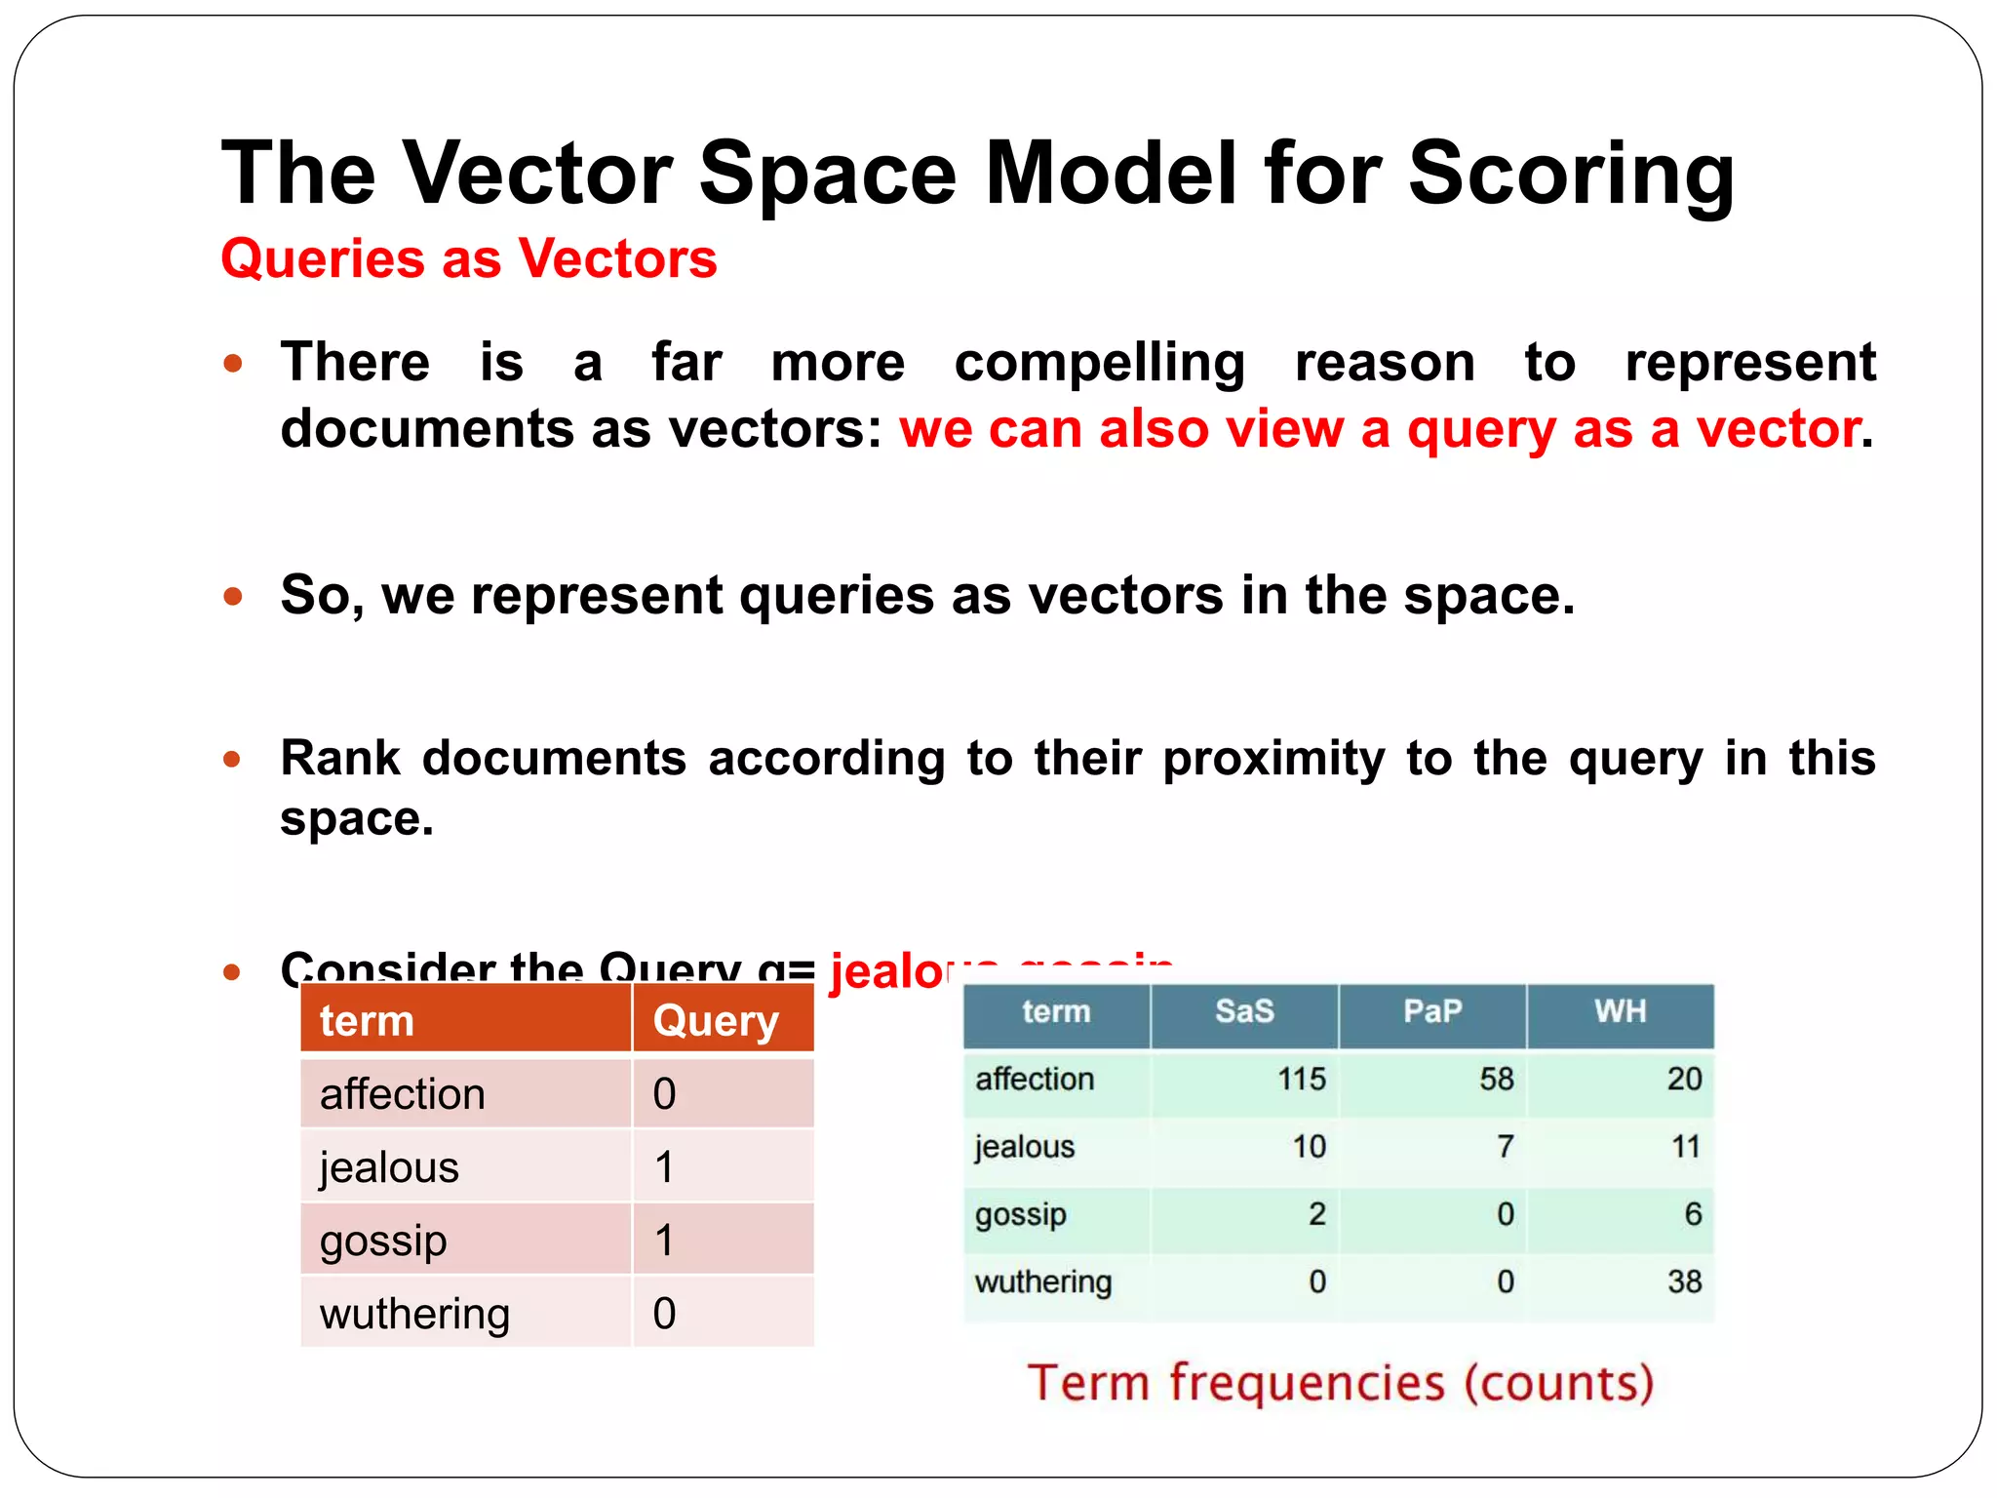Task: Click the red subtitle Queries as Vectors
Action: pos(469,259)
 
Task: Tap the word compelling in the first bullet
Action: pos(1099,363)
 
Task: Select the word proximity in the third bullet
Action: pos(1273,758)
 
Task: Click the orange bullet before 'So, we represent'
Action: pos(232,596)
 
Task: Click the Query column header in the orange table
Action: pos(716,1021)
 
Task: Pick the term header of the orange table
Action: pos(367,1021)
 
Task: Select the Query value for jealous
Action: pos(664,1166)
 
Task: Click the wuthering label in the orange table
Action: pos(414,1314)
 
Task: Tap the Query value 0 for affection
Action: pos(664,1094)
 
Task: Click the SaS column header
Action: pos(1244,1011)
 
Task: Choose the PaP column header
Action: pos(1431,1011)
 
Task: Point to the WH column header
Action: pos(1620,1011)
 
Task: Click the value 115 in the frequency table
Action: pos(1301,1079)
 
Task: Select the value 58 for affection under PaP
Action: pos(1496,1079)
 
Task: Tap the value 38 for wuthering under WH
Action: pos(1684,1281)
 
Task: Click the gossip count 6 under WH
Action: pos(1692,1214)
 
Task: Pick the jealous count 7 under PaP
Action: pos(1505,1146)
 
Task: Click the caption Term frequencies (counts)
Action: pos(1341,1383)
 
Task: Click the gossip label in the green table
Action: pos(1020,1215)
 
